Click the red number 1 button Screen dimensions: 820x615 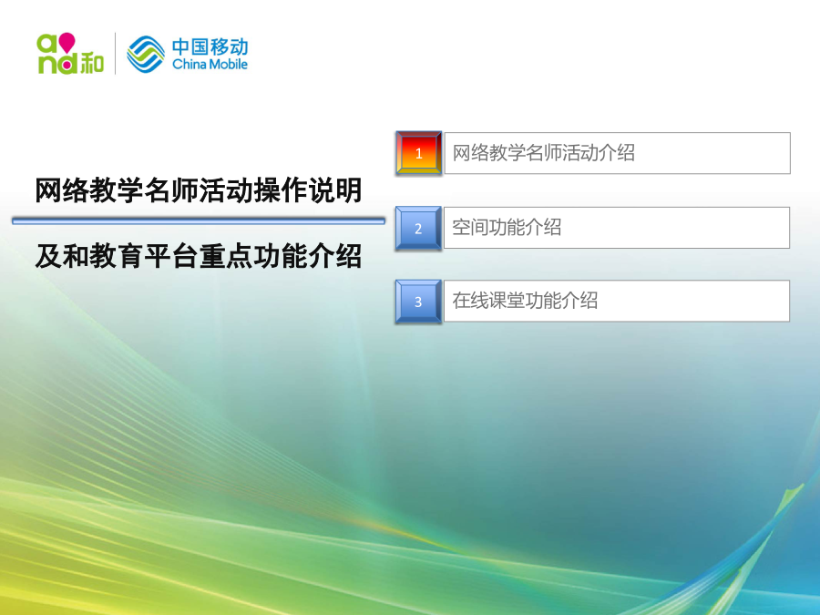tap(418, 153)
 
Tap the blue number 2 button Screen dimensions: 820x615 tap(418, 228)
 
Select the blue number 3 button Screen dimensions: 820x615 tap(418, 302)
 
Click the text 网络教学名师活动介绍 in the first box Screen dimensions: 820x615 tap(543, 153)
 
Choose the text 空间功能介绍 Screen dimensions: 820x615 tap(507, 228)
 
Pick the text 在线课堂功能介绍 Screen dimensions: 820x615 tap(525, 301)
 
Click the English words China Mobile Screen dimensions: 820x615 tap(210, 65)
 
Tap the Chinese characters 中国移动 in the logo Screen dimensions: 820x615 tap(210, 46)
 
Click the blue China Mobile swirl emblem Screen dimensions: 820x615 tap(146, 54)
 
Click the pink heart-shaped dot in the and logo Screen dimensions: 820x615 tap(67, 42)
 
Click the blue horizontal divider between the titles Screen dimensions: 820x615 tap(199, 221)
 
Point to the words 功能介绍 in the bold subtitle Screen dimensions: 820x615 tap(308, 256)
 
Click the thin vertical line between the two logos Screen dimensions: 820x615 tap(116, 54)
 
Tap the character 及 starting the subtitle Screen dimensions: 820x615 tap(48, 256)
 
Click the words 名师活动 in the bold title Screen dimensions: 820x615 tap(199, 190)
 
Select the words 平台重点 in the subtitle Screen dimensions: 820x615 tap(199, 256)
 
